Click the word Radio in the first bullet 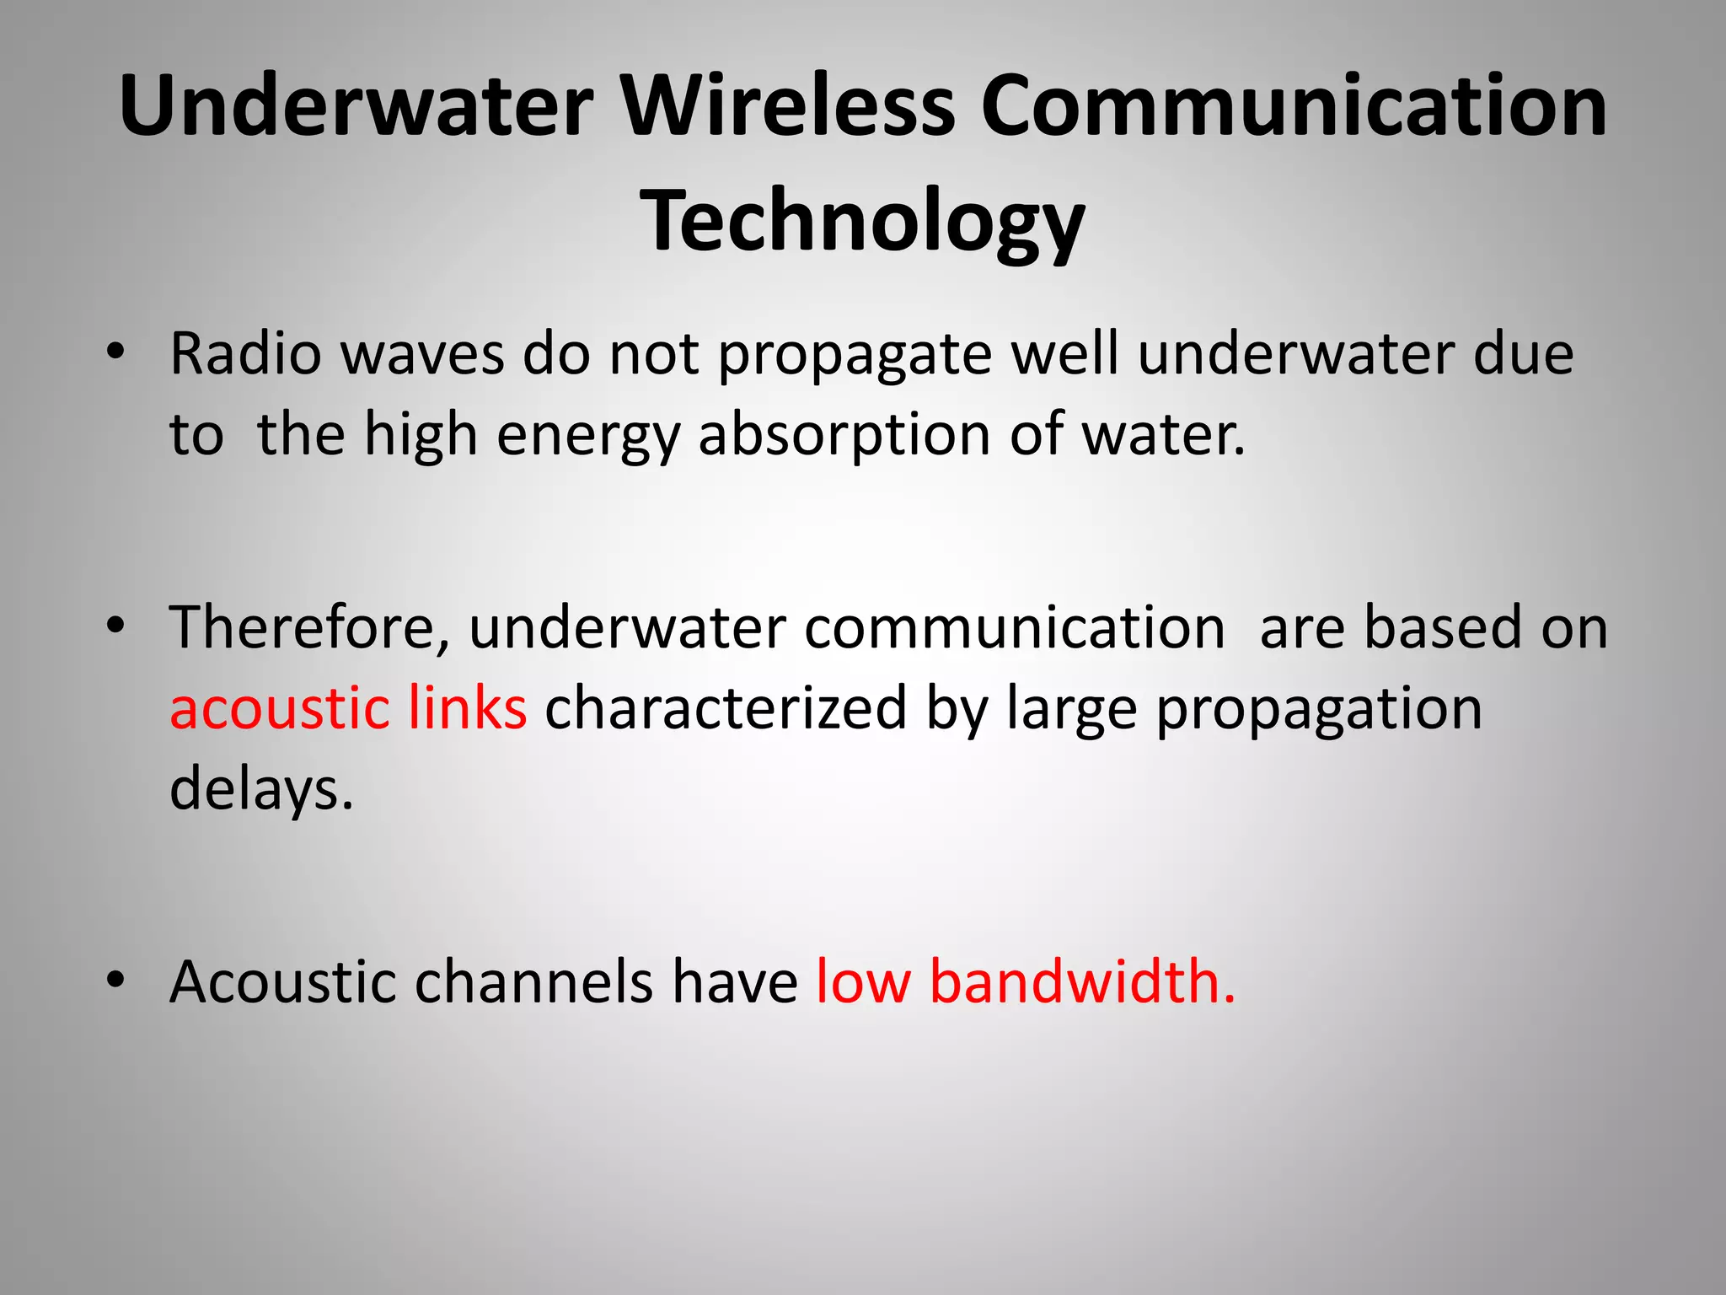[245, 353]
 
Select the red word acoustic [279, 708]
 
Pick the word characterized [726, 708]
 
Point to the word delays [260, 789]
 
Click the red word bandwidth [1082, 981]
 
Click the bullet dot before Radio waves [116, 352]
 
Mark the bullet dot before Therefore [116, 626]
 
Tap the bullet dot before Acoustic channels [116, 981]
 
